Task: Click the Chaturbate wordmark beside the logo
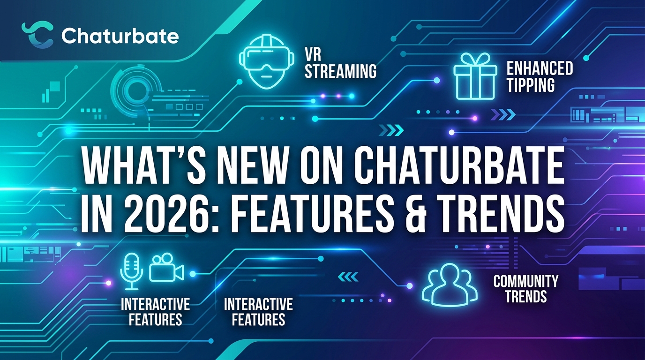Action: pyautogui.click(x=120, y=36)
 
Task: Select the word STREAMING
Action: pyautogui.click(x=341, y=71)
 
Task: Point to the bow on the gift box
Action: pyautogui.click(x=475, y=60)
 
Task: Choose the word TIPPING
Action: pyautogui.click(x=531, y=85)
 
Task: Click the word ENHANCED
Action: pyautogui.click(x=540, y=68)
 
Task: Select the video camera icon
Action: pyautogui.click(x=166, y=268)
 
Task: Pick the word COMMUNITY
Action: pyautogui.click(x=525, y=281)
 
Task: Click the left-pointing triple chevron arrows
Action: pyautogui.click(x=347, y=277)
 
